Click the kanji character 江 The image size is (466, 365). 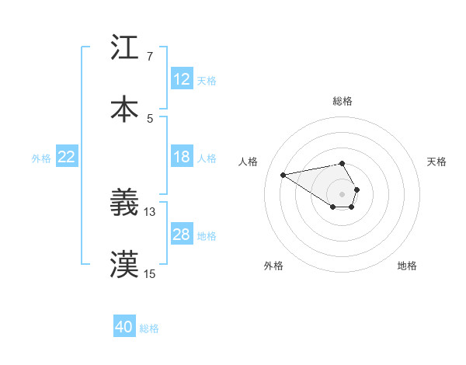[x=124, y=48]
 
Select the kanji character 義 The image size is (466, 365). [x=124, y=203]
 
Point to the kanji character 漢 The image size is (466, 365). [x=124, y=264]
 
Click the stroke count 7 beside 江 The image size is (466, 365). [x=149, y=57]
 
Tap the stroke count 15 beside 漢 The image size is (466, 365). [x=150, y=273]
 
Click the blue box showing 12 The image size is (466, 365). [x=182, y=79]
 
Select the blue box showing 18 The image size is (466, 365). [x=182, y=157]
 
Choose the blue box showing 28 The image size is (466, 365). [x=182, y=235]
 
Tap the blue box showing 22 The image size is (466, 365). [x=67, y=157]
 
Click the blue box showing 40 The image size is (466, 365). [x=124, y=327]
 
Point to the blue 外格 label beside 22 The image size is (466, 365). [x=41, y=158]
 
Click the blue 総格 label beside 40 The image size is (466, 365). [x=149, y=328]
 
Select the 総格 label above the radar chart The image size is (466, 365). [x=343, y=101]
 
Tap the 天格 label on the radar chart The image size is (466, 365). [x=437, y=162]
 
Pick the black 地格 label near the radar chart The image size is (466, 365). [x=407, y=266]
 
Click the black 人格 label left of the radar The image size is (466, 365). [x=248, y=162]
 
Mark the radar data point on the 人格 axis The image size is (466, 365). [x=283, y=174]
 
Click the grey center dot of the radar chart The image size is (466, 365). [x=343, y=193]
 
